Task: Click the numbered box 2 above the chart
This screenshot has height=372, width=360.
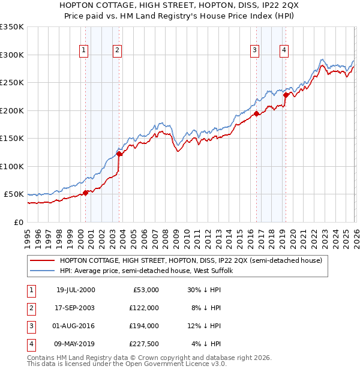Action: pos(117,50)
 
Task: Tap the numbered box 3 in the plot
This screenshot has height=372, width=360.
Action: pos(255,50)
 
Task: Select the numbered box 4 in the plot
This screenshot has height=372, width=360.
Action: pos(283,50)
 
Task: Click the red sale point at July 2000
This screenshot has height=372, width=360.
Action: pos(86,193)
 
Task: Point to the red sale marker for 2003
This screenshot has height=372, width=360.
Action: pos(119,154)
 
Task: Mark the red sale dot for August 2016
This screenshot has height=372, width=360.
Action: pos(256,113)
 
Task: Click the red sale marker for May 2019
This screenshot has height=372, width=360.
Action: pos(286,95)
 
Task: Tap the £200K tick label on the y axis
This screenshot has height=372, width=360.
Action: pos(12,110)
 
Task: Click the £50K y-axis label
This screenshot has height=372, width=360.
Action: pos(14,194)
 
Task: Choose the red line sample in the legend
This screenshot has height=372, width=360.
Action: pos(42,260)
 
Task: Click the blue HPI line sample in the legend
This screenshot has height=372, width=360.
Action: pos(42,271)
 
